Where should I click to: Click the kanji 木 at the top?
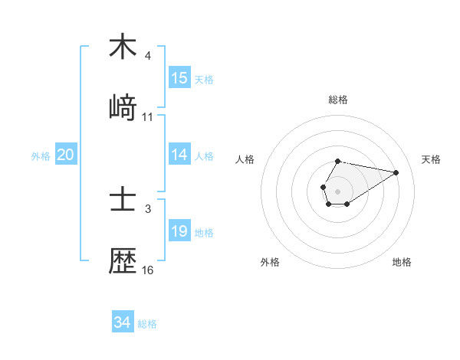coord(123,47)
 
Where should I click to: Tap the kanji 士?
coord(123,200)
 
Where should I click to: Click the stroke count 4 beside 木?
coord(148,56)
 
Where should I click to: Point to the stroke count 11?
coord(148,117)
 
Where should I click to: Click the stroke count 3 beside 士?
coord(148,208)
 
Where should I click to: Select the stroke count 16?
coord(148,270)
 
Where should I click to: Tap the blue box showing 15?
coord(179,78)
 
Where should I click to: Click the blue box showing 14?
coord(179,155)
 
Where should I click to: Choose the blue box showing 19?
coord(179,231)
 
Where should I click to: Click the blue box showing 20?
coord(66,155)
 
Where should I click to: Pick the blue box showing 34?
coord(123,322)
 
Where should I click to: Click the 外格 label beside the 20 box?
coord(41,156)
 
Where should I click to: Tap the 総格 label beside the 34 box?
coord(147,324)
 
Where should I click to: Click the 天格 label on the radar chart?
coord(432,159)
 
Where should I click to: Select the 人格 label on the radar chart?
coord(246,159)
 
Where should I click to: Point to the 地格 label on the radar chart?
coord(402,262)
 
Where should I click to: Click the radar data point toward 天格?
coord(396,172)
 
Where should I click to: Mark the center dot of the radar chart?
coord(337,190)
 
